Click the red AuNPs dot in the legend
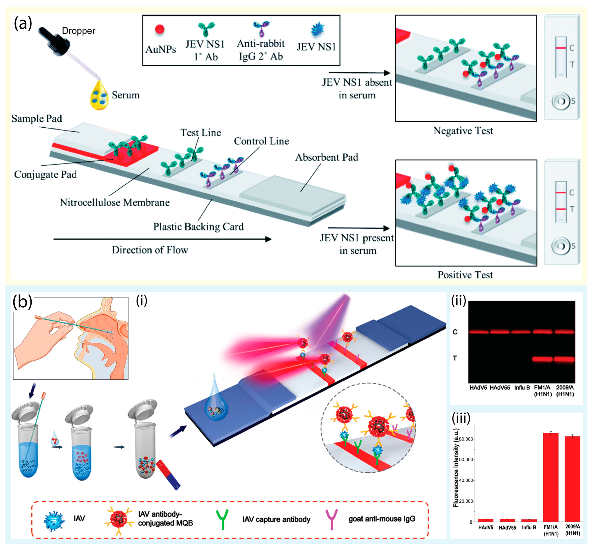click(160, 29)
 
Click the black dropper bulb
click(55, 42)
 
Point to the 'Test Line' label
click(201, 133)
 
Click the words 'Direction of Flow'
click(150, 250)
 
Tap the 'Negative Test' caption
click(463, 131)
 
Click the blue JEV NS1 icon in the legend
click(317, 29)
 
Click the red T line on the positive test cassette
click(561, 209)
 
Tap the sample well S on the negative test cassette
click(560, 101)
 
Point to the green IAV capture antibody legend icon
click(222, 519)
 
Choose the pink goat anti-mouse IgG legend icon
click(332, 519)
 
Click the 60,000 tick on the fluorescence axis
click(466, 459)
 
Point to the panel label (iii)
click(461, 418)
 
